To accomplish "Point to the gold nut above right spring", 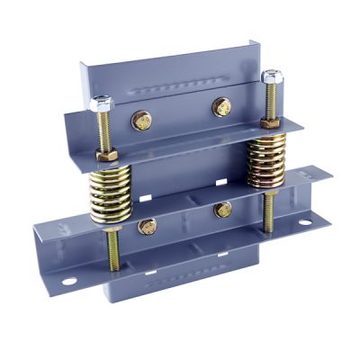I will [x=267, y=121].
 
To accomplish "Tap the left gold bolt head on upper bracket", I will [x=141, y=118].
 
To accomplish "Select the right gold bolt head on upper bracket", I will [x=220, y=106].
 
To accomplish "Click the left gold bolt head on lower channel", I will [x=148, y=226].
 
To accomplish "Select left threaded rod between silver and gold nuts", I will [x=105, y=132].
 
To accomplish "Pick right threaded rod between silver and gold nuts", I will [x=267, y=100].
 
